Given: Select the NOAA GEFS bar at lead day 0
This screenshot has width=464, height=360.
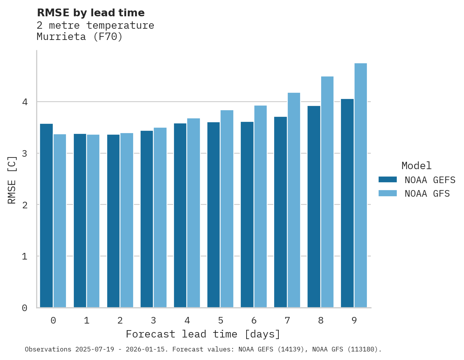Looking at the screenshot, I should tap(46, 216).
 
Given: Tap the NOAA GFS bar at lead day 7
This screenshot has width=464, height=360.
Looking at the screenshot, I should tap(294, 200).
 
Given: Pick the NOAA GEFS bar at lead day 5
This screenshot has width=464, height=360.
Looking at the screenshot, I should tap(213, 215).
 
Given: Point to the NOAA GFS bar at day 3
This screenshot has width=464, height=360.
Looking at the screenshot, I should tap(160, 218).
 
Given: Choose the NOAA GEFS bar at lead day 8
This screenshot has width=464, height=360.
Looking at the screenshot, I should tap(314, 207).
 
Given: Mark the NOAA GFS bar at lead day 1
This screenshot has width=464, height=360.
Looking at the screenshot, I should tap(93, 221).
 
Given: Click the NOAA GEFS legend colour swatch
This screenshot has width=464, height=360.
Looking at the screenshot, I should tap(388, 180).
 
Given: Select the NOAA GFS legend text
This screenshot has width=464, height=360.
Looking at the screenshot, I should tap(427, 194).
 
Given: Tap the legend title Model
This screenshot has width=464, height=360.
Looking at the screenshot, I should tap(416, 166).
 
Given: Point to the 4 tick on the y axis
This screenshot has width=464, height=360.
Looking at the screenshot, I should tap(24, 102).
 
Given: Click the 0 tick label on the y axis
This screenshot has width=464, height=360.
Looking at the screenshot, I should tap(24, 308).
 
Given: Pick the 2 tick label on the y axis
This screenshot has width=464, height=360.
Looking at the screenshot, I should tap(24, 205).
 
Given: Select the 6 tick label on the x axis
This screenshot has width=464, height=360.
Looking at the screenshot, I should tap(254, 321).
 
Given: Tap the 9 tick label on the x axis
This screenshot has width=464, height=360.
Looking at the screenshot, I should tap(354, 321).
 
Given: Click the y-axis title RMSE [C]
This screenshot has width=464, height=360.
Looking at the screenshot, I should tap(12, 180).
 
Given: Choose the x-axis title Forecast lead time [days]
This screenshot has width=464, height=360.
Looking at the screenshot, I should tap(203, 334).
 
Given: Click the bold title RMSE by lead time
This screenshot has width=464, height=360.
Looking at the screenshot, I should tap(90, 13).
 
